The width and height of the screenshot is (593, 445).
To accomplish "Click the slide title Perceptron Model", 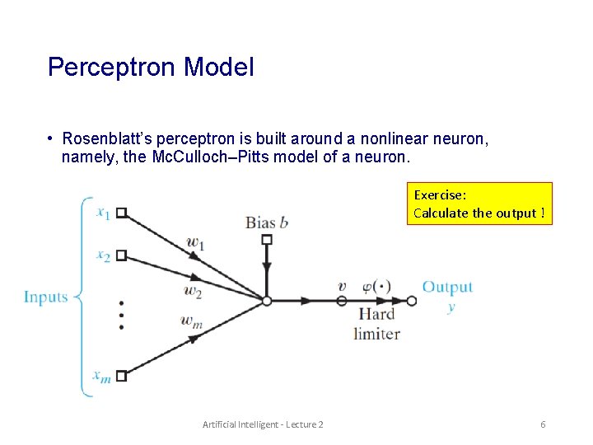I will pyautogui.click(x=151, y=67).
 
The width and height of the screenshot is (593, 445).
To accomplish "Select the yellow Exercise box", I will pyautogui.click(x=480, y=204).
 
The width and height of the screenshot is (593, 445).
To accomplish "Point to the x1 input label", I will pyautogui.click(x=103, y=213).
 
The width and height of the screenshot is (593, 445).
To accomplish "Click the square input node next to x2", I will pyautogui.click(x=121, y=255).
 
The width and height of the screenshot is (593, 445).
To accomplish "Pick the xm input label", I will pyautogui.click(x=102, y=377).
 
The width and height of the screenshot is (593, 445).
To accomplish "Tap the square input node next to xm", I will pyautogui.click(x=121, y=376).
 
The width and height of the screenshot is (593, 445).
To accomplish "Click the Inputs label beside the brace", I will pyautogui.click(x=46, y=297).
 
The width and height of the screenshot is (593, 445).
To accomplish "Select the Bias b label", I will pyautogui.click(x=266, y=222).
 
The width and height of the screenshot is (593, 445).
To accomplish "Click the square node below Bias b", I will pyautogui.click(x=266, y=240).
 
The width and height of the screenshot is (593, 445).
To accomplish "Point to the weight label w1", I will pyautogui.click(x=194, y=242).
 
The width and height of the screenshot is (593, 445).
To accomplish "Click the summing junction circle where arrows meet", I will pyautogui.click(x=266, y=301).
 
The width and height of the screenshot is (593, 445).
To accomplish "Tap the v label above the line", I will pyautogui.click(x=342, y=287).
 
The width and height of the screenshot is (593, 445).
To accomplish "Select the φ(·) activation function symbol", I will pyautogui.click(x=376, y=287).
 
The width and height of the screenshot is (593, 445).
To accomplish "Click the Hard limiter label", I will pyautogui.click(x=376, y=324).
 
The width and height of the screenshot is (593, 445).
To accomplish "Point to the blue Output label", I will pyautogui.click(x=447, y=287).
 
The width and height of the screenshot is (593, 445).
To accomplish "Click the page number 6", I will pyautogui.click(x=543, y=424).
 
